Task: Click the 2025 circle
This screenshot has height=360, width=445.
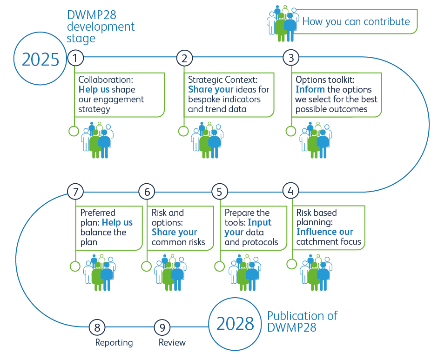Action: (40, 59)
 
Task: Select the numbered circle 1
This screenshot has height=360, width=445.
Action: (75, 58)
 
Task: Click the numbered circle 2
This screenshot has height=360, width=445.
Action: (184, 58)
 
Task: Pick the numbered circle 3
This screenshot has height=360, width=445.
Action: (291, 58)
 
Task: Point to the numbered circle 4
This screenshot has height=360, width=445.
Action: (290, 191)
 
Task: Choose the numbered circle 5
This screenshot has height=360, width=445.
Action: (219, 191)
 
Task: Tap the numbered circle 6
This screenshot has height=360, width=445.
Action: (147, 191)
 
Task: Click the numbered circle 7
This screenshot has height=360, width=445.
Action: (75, 191)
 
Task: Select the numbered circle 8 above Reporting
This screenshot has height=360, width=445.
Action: (97, 327)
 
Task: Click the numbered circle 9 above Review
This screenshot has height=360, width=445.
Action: (162, 327)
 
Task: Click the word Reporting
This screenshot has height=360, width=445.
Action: (114, 343)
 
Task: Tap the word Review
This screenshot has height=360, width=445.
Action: (172, 343)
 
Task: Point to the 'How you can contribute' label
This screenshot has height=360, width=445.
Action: (356, 21)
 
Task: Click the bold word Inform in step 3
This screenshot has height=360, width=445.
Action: (310, 89)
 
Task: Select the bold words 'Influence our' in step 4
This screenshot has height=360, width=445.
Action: (325, 232)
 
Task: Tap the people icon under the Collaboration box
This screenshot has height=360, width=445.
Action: (97, 140)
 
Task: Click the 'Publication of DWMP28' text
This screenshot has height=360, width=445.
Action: (303, 321)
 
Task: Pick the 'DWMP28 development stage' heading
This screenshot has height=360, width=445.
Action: (101, 27)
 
